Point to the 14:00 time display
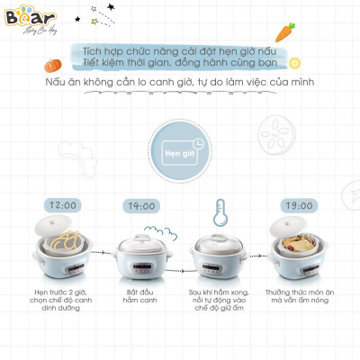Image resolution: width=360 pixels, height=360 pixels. [x=142, y=206]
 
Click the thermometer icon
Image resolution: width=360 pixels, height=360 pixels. [x=219, y=212]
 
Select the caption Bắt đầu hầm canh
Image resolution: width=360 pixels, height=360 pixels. [x=141, y=293]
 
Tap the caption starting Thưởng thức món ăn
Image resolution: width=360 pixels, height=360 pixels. [x=300, y=300]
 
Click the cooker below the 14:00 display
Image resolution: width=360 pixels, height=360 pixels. [x=141, y=256]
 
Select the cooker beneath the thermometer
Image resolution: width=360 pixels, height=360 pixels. [x=219, y=256]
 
